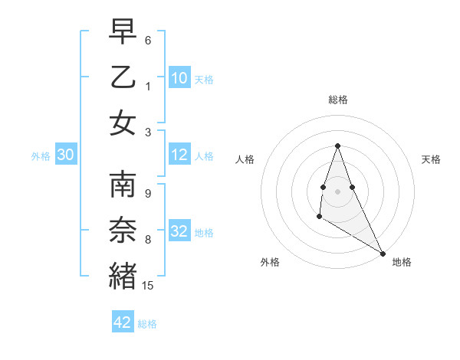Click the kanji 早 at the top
tap(122, 32)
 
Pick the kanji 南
tap(122, 186)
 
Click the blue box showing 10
tap(179, 77)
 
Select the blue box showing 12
tap(179, 155)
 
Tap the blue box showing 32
tap(179, 231)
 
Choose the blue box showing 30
tap(66, 155)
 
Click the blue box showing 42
tap(123, 322)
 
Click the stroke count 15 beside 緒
tap(148, 286)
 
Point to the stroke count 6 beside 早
tap(148, 41)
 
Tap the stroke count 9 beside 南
tap(148, 193)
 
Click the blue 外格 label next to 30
tap(41, 156)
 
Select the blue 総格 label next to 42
tap(147, 324)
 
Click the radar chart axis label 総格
tap(337, 100)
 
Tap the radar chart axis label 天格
tap(432, 159)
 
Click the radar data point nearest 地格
tap(383, 254)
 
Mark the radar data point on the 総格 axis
tap(337, 146)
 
